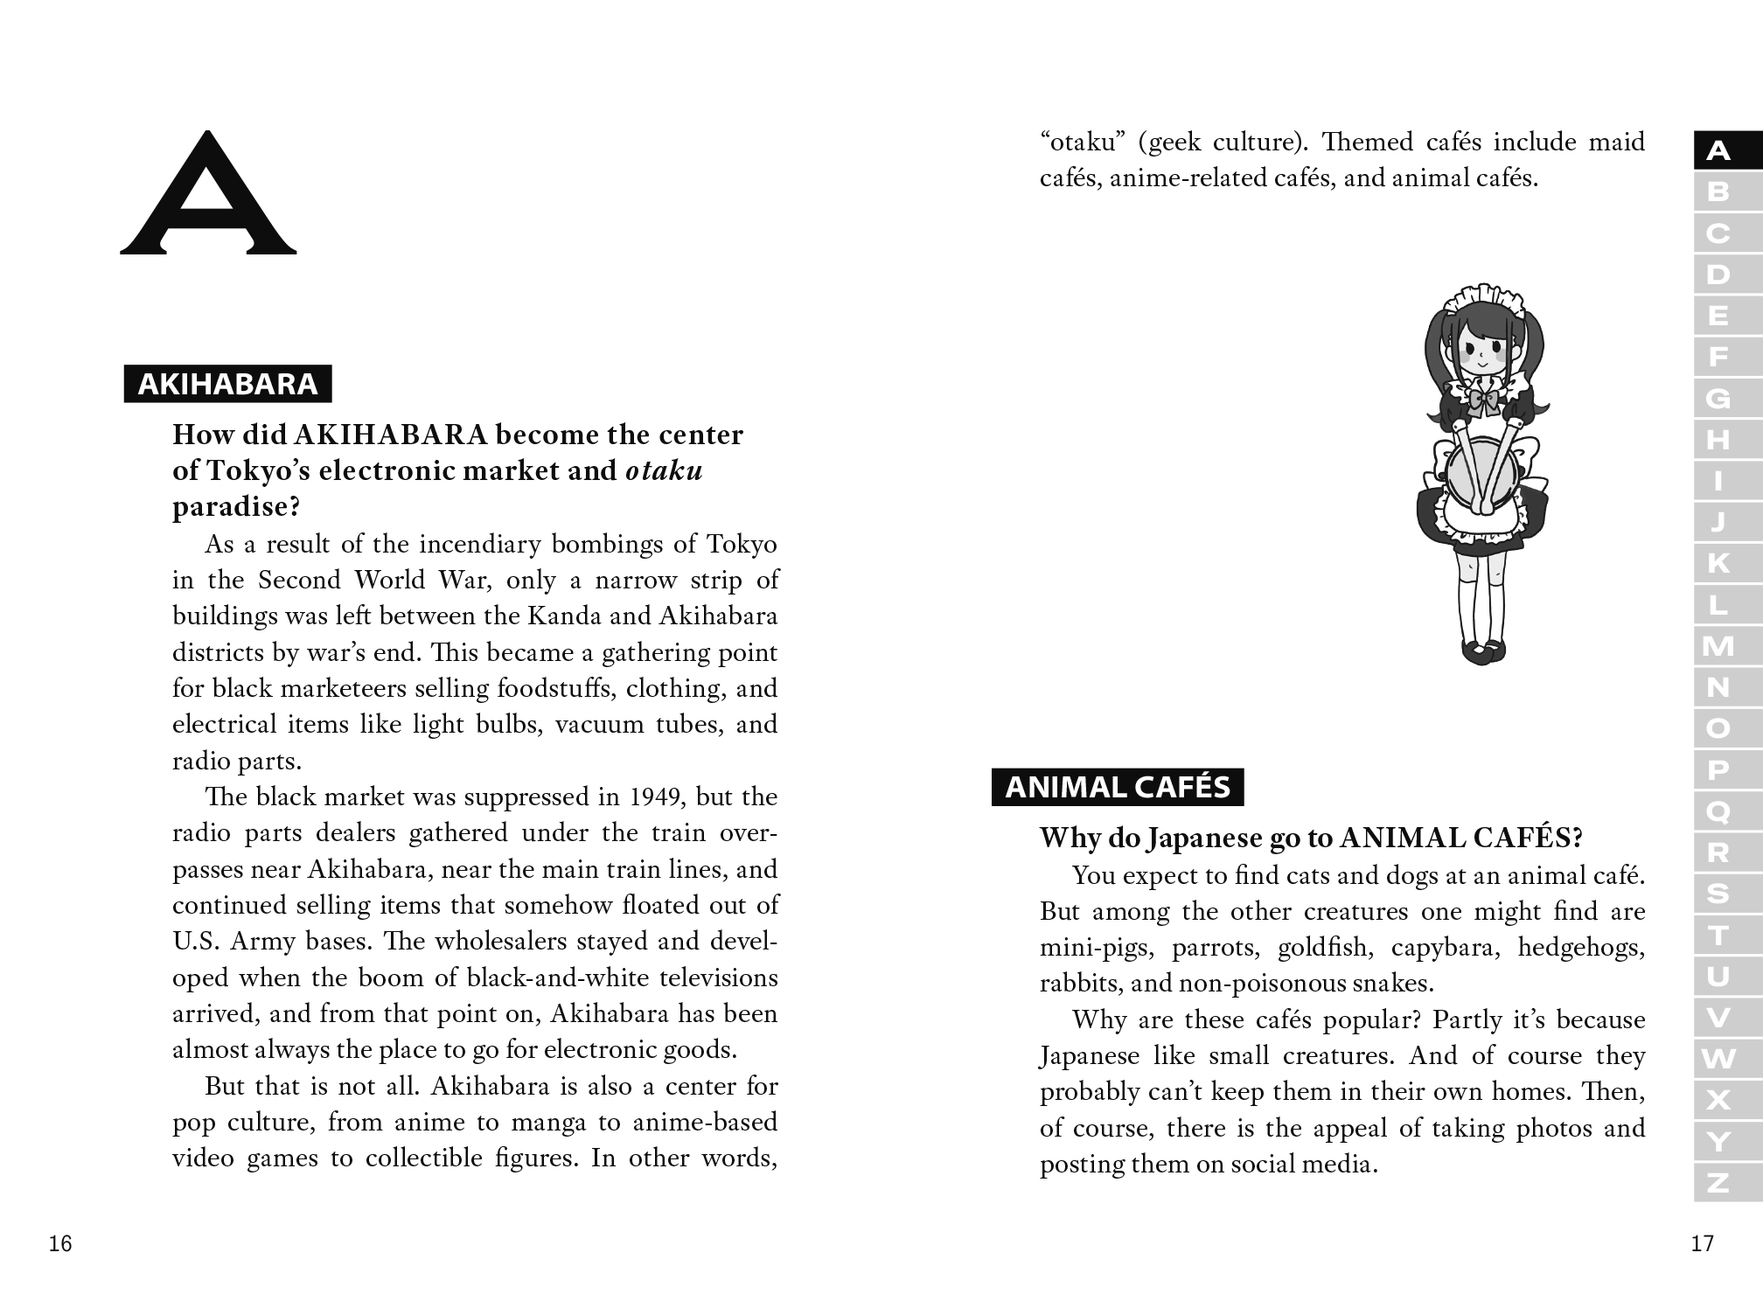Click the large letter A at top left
[x=208, y=194]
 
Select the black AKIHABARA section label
[x=227, y=384]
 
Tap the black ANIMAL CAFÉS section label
[x=1118, y=787]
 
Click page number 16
[x=60, y=1243]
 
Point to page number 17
[x=1702, y=1243]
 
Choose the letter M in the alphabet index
[x=1718, y=646]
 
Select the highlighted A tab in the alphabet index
[x=1718, y=151]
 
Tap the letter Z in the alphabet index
[x=1718, y=1183]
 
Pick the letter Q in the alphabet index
[x=1718, y=811]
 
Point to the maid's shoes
[x=1484, y=651]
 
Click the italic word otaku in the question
[x=664, y=470]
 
